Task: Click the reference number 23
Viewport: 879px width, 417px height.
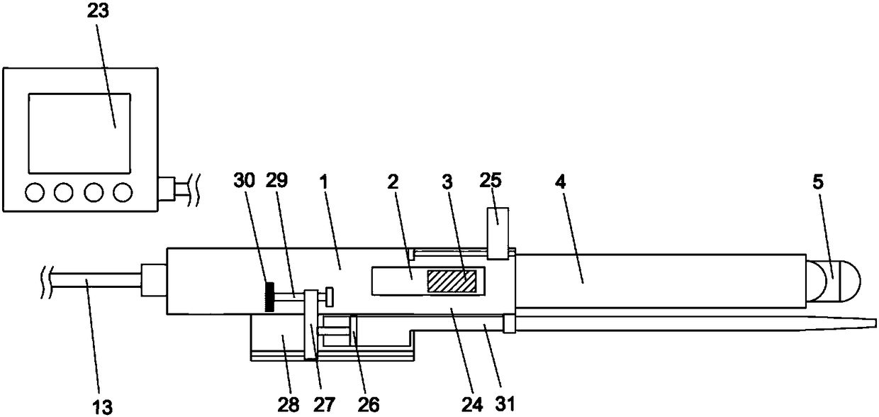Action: (x=98, y=11)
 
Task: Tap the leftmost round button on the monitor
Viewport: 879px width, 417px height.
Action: (x=35, y=192)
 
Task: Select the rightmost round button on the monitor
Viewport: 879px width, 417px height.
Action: (x=123, y=192)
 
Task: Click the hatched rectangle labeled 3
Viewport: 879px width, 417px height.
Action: (x=452, y=281)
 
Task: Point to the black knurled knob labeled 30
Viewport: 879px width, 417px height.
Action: (x=269, y=297)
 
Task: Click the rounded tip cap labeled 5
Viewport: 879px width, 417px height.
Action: (x=833, y=281)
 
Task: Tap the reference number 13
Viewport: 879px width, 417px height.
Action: (x=102, y=407)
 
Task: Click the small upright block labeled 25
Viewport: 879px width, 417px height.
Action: (x=498, y=233)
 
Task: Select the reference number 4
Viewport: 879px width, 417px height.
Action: (x=560, y=182)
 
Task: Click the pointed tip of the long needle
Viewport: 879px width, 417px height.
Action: (x=876, y=323)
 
